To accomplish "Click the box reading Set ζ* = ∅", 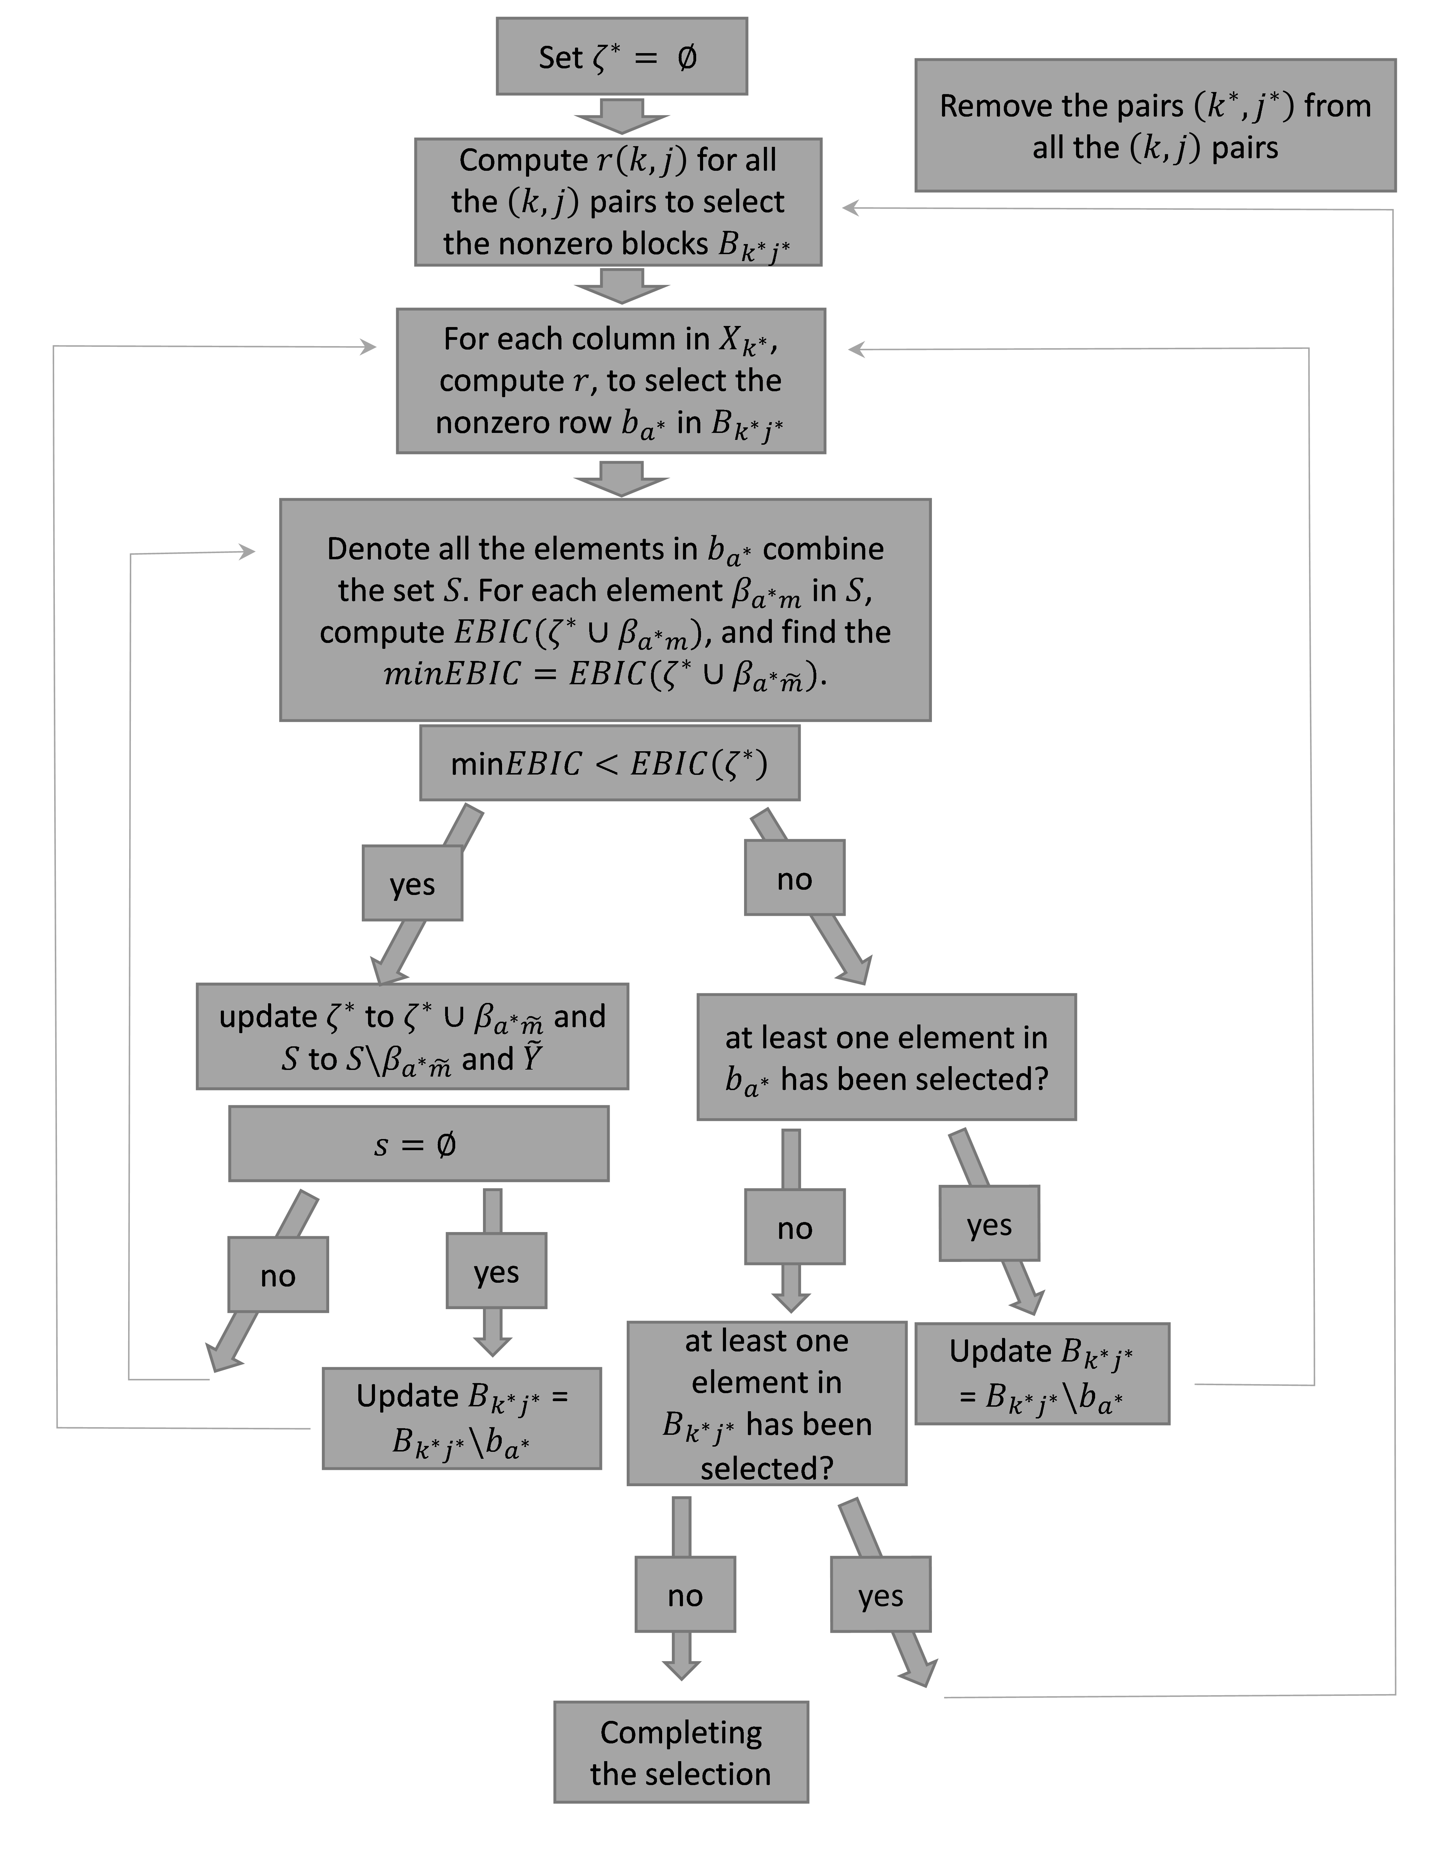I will pyautogui.click(x=622, y=57).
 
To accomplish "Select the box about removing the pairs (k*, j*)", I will pyautogui.click(x=1155, y=125).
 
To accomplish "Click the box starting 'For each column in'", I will pyautogui.click(x=610, y=380).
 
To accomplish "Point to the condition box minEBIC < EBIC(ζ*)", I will pyautogui.click(x=610, y=763).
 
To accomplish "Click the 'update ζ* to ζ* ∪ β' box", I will pyautogui.click(x=412, y=1036).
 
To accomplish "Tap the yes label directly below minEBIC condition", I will pyautogui.click(x=412, y=884).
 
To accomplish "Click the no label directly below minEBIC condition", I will pyautogui.click(x=794, y=877).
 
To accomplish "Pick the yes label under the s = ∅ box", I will pyautogui.click(x=496, y=1271).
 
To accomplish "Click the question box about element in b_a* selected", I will pyautogui.click(x=886, y=1057).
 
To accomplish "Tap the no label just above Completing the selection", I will pyautogui.click(x=685, y=1594).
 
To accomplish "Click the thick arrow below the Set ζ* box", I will pyautogui.click(x=622, y=116).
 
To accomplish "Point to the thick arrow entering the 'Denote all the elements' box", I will pyautogui.click(x=622, y=478).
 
